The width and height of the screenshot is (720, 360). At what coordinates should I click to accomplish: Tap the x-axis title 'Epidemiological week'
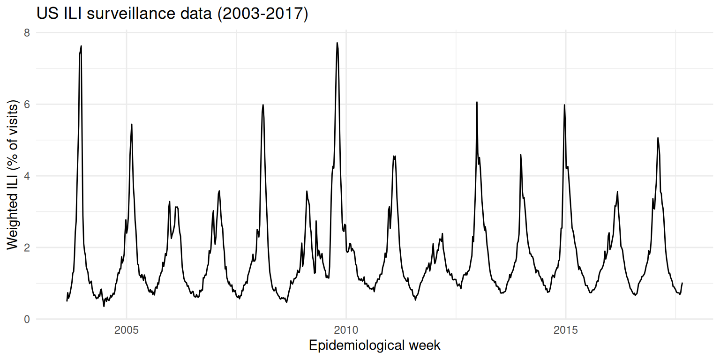[375, 346]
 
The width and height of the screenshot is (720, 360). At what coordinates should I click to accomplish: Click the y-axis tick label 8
[27, 33]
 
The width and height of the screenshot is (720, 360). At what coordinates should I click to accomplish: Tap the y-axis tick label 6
[27, 105]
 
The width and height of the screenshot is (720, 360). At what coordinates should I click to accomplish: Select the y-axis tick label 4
[27, 176]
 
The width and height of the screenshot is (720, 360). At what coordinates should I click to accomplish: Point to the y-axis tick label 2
[27, 247]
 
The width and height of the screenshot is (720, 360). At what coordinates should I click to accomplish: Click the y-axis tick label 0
[27, 319]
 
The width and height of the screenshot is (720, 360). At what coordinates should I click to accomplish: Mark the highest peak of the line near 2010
[337, 43]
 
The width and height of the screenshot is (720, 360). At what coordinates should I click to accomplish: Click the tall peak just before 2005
[81, 46]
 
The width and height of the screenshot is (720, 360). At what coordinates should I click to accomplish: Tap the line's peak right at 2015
[564, 105]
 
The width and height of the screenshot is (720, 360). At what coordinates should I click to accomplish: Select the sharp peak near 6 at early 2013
[477, 102]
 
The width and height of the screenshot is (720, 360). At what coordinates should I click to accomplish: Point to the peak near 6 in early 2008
[263, 105]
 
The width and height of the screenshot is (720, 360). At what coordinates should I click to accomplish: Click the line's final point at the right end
[682, 283]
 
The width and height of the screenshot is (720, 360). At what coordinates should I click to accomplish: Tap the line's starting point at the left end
[67, 301]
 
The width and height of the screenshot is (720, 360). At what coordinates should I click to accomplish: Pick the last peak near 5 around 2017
[658, 138]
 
